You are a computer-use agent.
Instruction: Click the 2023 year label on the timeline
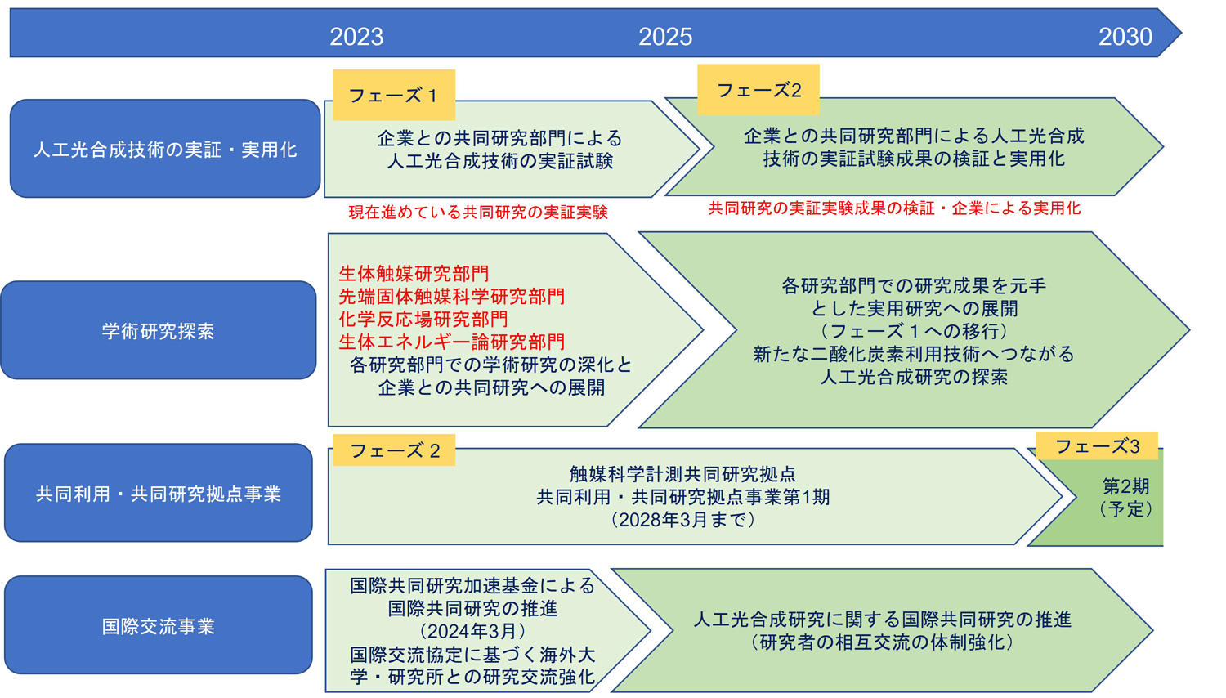(356, 37)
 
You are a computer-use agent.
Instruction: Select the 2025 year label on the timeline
(665, 37)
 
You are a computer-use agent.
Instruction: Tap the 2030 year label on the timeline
(1125, 37)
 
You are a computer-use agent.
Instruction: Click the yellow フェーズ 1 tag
(394, 95)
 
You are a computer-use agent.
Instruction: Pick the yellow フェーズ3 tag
(1097, 445)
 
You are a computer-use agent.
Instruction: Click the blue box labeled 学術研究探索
(159, 330)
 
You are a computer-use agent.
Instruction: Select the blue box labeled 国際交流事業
(159, 624)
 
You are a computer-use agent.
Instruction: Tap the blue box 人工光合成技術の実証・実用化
(165, 149)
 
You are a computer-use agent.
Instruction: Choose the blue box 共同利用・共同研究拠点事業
(159, 493)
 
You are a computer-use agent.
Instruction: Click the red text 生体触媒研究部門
(414, 273)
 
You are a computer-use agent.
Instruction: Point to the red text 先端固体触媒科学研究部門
(451, 296)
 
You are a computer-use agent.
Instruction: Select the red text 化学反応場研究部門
(423, 319)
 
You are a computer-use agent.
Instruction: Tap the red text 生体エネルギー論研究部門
(451, 342)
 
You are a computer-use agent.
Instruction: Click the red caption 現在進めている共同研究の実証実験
(478, 212)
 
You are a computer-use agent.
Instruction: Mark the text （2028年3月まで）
(682, 519)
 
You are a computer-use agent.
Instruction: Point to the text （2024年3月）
(472, 631)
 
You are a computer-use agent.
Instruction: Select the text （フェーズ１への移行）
(914, 331)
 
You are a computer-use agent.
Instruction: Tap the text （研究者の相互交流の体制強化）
(882, 642)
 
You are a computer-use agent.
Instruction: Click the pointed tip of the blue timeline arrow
(1181, 33)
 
